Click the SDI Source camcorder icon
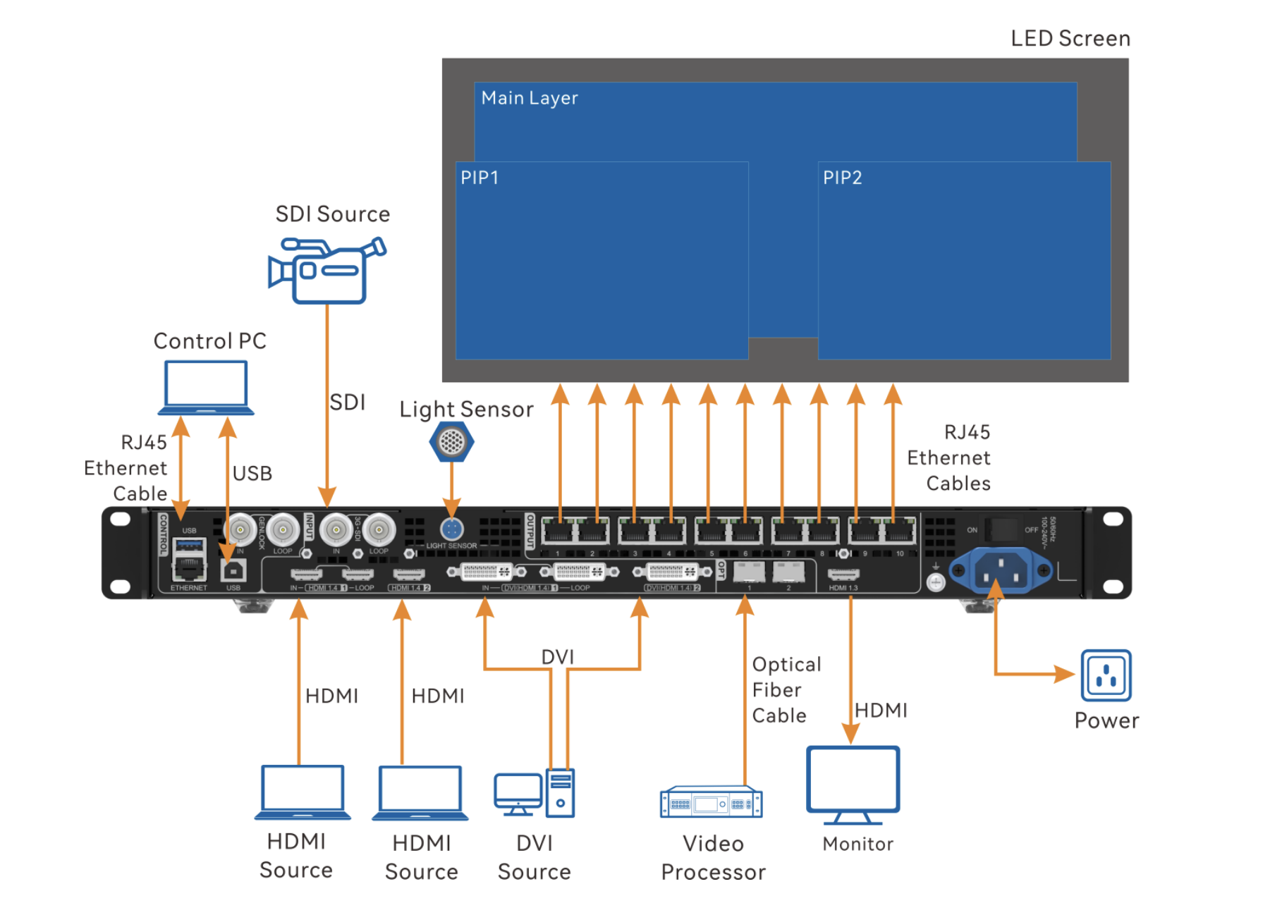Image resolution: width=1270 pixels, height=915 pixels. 327,271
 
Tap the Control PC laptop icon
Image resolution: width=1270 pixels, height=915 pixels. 205,387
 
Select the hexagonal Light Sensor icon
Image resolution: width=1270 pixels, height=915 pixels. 451,442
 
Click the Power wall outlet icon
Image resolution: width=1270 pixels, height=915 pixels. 1106,675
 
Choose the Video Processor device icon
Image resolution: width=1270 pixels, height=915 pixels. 711,802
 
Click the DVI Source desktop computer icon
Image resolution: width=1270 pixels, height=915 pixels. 535,793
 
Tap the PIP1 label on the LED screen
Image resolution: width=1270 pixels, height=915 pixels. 480,178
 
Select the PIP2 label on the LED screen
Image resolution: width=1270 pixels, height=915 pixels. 842,178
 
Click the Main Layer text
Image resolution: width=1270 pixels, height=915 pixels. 529,98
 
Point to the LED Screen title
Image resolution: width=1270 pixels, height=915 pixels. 1070,39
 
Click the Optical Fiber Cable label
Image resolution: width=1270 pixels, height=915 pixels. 786,689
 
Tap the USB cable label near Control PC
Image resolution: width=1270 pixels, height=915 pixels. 252,474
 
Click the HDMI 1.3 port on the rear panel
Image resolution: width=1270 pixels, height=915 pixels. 843,575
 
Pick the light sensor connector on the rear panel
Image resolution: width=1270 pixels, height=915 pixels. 451,529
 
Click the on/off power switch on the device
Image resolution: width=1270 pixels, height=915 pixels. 1001,529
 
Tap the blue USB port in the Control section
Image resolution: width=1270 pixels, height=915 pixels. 189,544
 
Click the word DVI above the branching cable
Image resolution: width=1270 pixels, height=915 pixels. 557,657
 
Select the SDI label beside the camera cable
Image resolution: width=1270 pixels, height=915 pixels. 347,403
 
